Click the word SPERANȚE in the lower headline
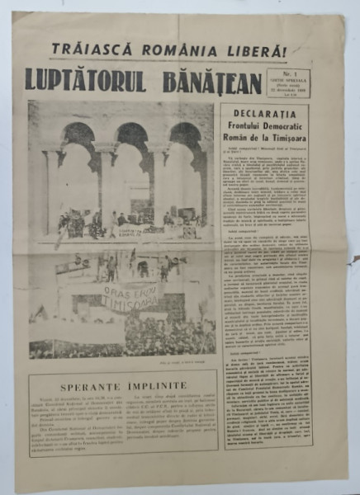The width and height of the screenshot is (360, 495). pos(90,385)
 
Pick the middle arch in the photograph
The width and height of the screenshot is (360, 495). pos(132,165)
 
